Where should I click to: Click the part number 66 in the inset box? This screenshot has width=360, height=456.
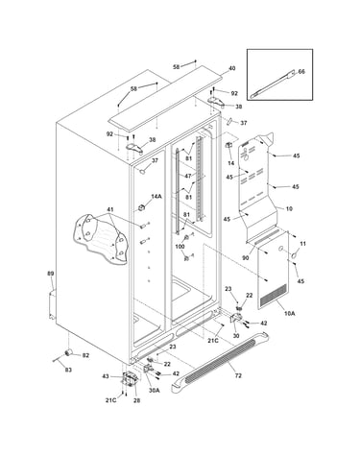(301, 72)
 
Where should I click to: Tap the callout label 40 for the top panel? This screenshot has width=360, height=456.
(232, 68)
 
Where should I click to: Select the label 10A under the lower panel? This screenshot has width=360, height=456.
(289, 314)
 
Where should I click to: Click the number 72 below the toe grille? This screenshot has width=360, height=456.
(238, 375)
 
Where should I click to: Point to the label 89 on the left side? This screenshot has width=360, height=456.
(51, 274)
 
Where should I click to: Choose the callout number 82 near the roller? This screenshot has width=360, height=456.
(85, 355)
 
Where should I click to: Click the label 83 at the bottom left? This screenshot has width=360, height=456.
(68, 370)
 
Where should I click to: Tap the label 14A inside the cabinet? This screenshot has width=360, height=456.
(156, 196)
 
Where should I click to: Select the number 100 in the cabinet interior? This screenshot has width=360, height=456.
(180, 247)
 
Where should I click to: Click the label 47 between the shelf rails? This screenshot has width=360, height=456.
(188, 176)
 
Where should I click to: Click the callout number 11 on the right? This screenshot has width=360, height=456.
(302, 244)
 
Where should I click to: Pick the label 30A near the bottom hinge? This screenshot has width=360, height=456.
(154, 391)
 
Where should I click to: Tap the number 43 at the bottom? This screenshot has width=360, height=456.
(106, 376)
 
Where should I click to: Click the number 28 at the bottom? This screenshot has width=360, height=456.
(136, 400)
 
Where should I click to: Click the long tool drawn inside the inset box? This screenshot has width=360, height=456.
(272, 85)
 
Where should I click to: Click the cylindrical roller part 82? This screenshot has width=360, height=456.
(68, 352)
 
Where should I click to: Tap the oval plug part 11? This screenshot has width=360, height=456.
(294, 255)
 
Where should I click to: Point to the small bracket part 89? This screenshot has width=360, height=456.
(52, 303)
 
